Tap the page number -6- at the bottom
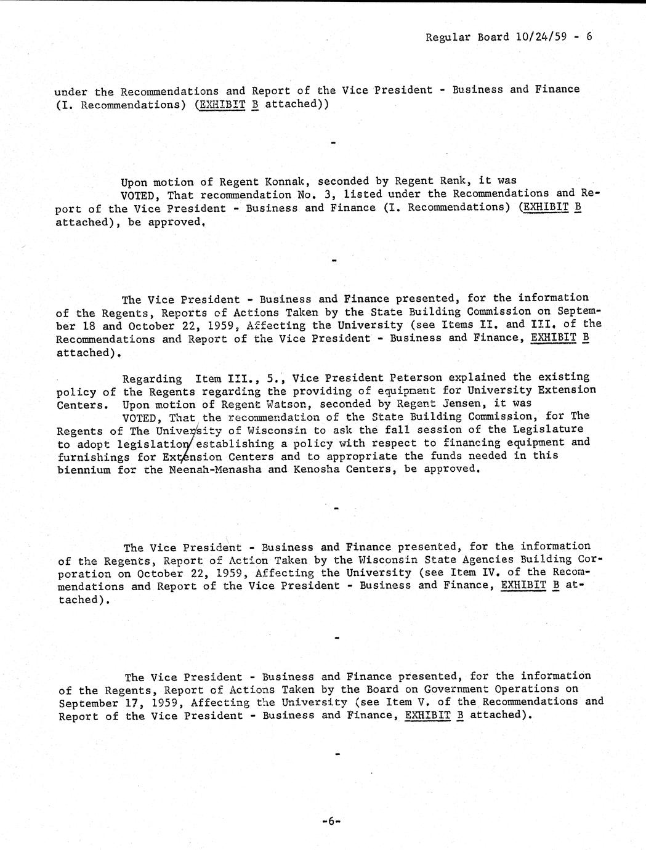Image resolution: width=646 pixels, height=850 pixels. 331,821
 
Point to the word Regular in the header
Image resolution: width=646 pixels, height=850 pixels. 448,37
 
